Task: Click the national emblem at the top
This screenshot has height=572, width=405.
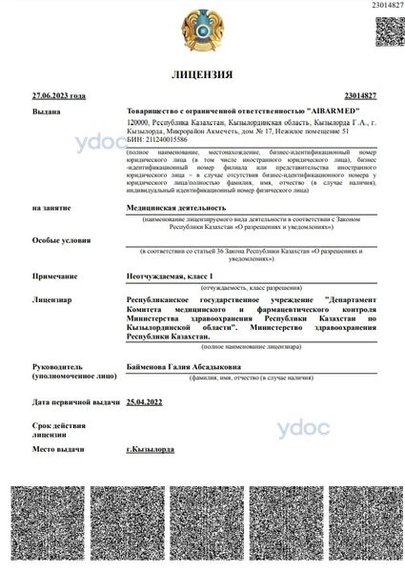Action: (202, 31)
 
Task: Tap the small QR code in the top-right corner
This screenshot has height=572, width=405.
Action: (387, 31)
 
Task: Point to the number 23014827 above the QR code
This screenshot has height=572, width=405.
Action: (386, 7)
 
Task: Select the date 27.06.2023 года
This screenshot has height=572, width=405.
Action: (58, 95)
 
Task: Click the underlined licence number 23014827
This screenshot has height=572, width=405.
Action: (359, 95)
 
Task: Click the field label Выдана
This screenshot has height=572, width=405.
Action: (45, 112)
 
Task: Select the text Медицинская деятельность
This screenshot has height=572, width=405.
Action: (176, 206)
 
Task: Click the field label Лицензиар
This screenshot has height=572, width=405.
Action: (51, 299)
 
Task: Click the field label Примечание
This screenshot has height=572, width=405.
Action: (55, 275)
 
